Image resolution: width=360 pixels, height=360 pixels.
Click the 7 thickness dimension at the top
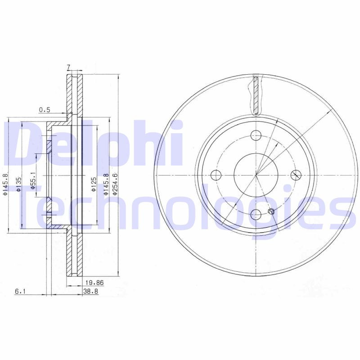(x=68, y=67)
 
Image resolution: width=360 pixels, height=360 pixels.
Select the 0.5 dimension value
(x=44, y=109)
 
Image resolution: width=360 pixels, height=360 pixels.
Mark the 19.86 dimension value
(x=91, y=283)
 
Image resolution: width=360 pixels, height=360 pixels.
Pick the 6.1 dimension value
(x=20, y=292)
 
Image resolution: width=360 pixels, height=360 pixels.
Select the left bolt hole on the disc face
(x=216, y=175)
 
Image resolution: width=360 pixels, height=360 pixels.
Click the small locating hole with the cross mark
(x=271, y=211)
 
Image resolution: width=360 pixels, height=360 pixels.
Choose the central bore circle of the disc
(x=256, y=175)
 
